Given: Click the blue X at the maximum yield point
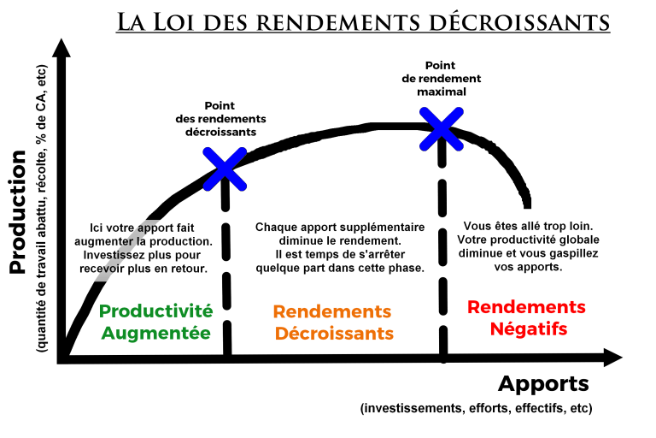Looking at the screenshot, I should point(442,128).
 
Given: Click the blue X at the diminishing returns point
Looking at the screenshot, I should point(225,167).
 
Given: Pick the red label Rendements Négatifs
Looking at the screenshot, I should point(526,317).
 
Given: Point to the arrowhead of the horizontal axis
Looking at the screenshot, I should point(612,358).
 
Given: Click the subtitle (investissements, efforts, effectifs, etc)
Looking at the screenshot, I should point(476,408).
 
